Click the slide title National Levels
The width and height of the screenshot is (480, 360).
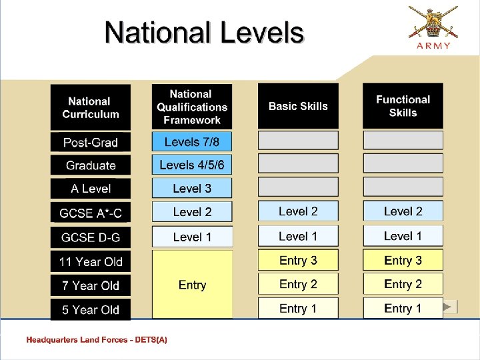point(204,32)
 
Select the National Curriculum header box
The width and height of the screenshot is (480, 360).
point(91,107)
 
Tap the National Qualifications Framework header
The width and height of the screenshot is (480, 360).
point(192,107)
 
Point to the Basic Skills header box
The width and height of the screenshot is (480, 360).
point(298,106)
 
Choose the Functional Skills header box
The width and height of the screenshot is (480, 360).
point(403,106)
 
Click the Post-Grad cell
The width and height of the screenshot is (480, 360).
point(91,142)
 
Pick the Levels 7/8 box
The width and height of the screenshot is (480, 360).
point(192,141)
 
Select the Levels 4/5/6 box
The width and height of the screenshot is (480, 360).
point(192,165)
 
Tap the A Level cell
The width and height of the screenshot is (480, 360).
point(91,189)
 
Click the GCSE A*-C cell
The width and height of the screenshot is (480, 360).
point(91,213)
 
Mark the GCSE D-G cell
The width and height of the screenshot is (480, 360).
point(91,237)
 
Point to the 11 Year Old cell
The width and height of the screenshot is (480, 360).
point(91,261)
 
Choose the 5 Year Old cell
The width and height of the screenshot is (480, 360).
point(91,309)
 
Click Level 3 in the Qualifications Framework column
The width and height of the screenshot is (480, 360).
point(192,188)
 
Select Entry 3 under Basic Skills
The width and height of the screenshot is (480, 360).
point(298,260)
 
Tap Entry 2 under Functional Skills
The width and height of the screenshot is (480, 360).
point(403,284)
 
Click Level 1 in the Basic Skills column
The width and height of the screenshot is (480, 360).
point(298,236)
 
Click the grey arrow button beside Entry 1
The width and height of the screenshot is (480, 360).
point(450,307)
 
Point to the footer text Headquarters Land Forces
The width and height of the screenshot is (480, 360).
point(97,340)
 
